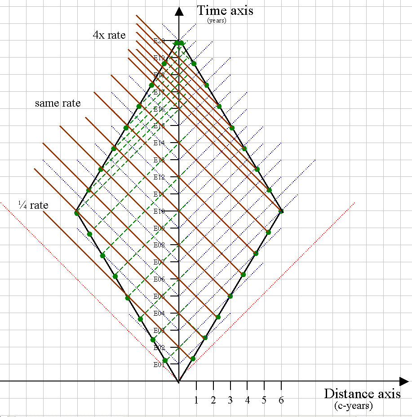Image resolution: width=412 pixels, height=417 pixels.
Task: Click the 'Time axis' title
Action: (x=225, y=10)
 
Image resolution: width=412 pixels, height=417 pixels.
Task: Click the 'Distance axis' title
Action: (x=362, y=394)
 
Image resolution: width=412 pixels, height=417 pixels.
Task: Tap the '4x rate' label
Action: (x=109, y=35)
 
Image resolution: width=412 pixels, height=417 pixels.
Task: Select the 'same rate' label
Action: (x=58, y=103)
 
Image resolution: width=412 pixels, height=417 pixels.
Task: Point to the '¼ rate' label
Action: (x=33, y=205)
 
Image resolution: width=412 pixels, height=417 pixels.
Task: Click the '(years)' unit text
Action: (x=217, y=20)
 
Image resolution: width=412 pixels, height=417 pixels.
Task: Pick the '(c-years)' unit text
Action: (x=353, y=406)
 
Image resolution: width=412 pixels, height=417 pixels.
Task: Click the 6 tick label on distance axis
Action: (x=281, y=400)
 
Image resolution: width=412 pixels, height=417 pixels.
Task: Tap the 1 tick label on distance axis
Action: (x=196, y=400)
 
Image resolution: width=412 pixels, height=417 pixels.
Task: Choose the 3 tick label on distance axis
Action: (x=230, y=400)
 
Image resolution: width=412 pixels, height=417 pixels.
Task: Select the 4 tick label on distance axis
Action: (x=248, y=400)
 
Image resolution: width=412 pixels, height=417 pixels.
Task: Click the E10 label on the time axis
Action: (x=159, y=211)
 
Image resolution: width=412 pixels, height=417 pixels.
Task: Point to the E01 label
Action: (x=159, y=365)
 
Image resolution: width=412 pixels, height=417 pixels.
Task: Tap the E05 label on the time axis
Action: (x=159, y=296)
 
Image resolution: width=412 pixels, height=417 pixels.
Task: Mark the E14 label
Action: (x=159, y=143)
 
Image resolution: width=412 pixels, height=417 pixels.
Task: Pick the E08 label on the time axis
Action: (x=159, y=245)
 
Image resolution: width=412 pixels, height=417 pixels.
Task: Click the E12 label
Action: (x=159, y=177)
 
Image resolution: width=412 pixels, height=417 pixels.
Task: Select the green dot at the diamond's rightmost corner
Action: (x=281, y=211)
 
